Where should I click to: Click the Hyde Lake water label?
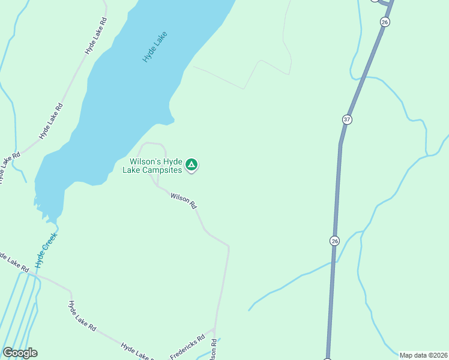154,47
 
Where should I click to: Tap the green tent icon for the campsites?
191,164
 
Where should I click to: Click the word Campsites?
160,170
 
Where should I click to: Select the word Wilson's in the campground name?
148,162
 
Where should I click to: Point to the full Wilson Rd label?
183,200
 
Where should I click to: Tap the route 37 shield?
347,119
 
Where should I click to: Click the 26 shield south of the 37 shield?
334,241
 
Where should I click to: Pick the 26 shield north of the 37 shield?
385,22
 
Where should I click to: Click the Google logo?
20,353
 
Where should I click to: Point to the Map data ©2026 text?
423,355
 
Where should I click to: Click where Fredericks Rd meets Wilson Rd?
214,329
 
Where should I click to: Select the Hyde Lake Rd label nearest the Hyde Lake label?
96,37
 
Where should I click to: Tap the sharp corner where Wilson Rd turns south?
228,246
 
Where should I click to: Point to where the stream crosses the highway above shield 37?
363,77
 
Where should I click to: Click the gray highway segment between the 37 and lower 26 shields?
338,180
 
